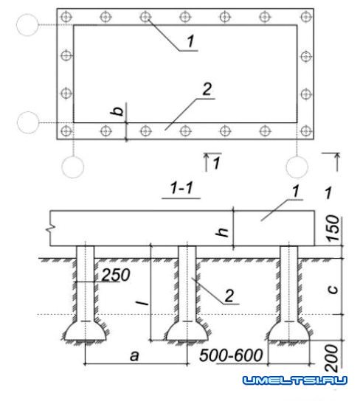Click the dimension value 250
click(x=116, y=275)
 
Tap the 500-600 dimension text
click(x=231, y=355)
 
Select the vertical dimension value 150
click(x=333, y=229)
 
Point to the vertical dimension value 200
click(x=332, y=358)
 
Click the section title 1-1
click(x=181, y=188)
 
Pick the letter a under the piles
click(x=134, y=356)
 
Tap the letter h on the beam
click(x=222, y=231)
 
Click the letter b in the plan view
click(x=117, y=111)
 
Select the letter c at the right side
click(x=333, y=289)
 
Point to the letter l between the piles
click(x=142, y=303)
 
